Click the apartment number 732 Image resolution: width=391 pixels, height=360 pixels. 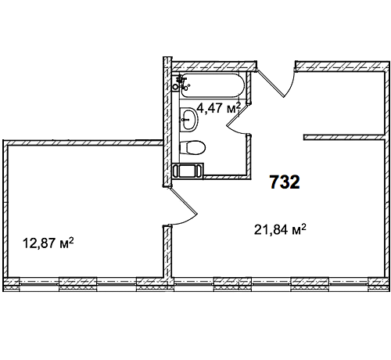pyautogui.click(x=285, y=182)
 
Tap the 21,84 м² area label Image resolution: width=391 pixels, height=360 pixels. pyautogui.click(x=280, y=229)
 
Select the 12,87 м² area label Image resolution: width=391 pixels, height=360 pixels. pyautogui.click(x=48, y=243)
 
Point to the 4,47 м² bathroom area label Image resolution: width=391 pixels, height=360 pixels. pyautogui.click(x=218, y=108)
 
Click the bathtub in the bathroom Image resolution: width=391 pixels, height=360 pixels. pyautogui.click(x=213, y=85)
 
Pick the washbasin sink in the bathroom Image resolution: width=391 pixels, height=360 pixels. pyautogui.click(x=189, y=120)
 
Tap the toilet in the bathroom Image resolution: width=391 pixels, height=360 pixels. pyautogui.click(x=192, y=148)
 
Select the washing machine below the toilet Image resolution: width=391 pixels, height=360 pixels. pyautogui.click(x=188, y=171)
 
